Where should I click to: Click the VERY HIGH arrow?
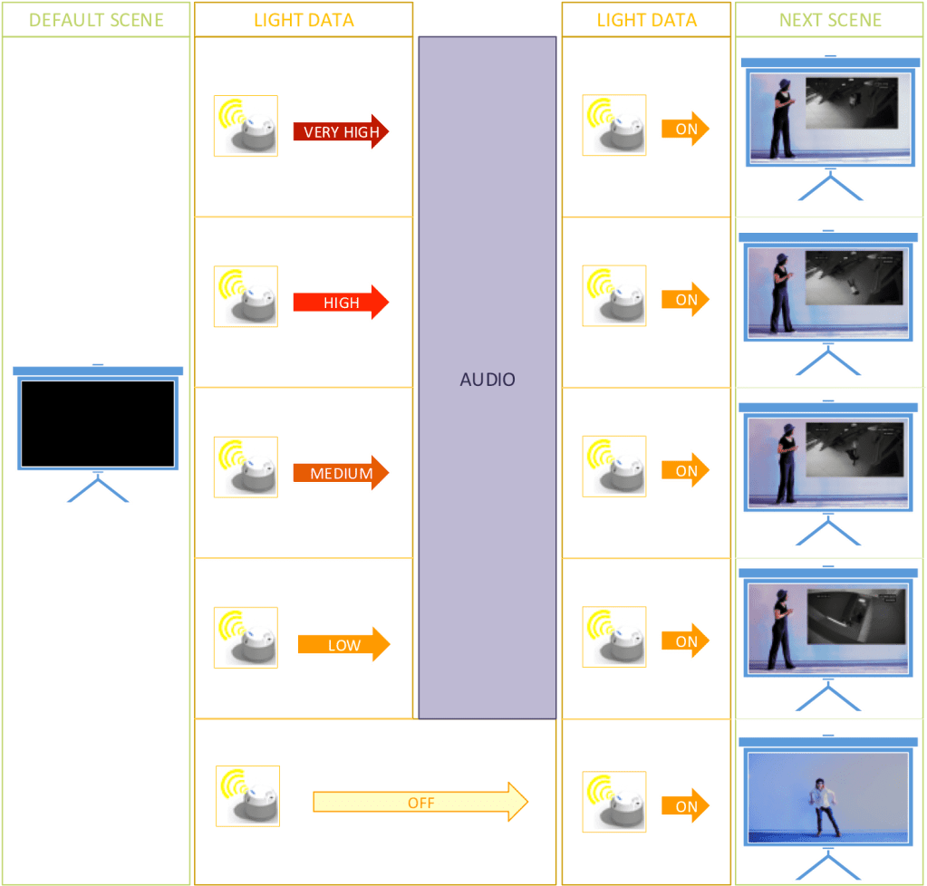pos(341,132)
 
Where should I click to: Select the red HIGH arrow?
pos(341,303)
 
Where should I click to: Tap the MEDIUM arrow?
pos(341,473)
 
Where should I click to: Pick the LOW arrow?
pos(343,645)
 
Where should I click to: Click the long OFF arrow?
pos(420,803)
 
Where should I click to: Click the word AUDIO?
pos(488,380)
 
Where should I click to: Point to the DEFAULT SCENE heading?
pos(96,20)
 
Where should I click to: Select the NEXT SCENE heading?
pos(830,20)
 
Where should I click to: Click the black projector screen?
pos(98,424)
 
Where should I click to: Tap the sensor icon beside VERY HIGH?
pos(246,126)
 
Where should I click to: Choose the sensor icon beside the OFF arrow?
pos(248,796)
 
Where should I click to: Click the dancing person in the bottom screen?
pos(823,804)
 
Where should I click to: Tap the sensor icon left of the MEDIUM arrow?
pos(246,467)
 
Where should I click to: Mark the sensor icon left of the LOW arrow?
pos(246,638)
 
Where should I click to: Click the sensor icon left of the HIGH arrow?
pos(246,296)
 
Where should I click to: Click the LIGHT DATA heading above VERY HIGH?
pos(304,20)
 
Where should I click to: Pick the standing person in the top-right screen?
pos(781,116)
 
